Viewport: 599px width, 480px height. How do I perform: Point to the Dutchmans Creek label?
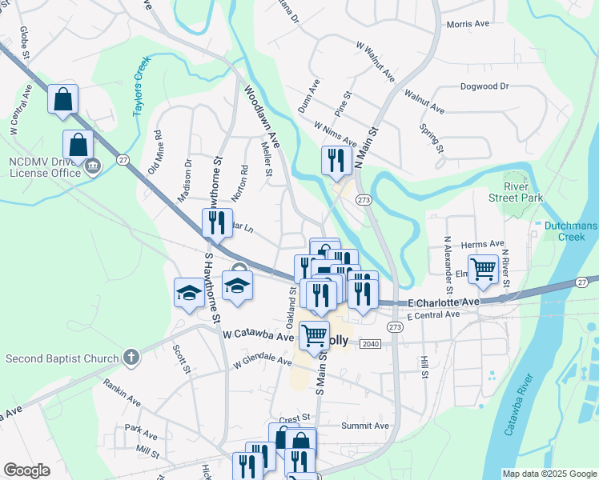[570, 231]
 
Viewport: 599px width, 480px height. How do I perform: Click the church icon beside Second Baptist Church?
[132, 358]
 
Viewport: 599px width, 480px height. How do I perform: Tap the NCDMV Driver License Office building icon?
[93, 166]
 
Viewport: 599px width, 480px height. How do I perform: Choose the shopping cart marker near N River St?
[484, 270]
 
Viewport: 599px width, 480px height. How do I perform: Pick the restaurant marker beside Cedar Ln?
[215, 224]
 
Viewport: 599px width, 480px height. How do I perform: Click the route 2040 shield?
[370, 343]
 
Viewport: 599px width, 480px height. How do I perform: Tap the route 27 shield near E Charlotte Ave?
[581, 282]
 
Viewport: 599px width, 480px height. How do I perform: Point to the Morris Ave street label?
[468, 24]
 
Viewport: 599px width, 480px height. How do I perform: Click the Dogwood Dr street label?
[484, 86]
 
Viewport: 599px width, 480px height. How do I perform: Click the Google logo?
[26, 470]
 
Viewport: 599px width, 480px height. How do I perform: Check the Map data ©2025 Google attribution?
[549, 474]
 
